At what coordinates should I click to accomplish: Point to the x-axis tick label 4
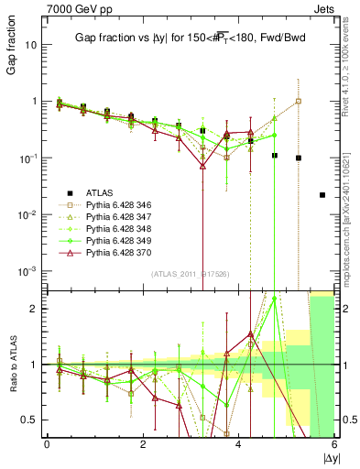click(239, 444)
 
